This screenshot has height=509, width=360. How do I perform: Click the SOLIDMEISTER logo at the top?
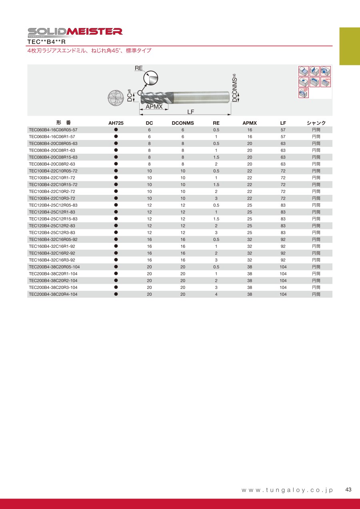[75, 31]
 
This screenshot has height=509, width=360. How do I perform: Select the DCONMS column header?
[182, 123]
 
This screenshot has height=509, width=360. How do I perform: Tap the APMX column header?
[250, 123]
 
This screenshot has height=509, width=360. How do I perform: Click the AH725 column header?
[116, 123]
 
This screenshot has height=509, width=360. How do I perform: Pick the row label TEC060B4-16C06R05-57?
[53, 130]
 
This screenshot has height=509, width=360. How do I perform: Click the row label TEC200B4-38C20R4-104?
[53, 294]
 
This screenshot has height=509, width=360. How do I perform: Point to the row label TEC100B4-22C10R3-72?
[52, 198]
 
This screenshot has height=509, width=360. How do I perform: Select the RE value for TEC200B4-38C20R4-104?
[216, 294]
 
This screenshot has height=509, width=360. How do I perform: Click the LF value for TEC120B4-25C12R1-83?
[283, 212]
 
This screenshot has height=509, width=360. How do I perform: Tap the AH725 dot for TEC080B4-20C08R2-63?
[116, 164]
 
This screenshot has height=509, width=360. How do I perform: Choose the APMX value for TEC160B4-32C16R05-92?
[250, 239]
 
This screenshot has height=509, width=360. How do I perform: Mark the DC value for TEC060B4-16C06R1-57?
[149, 137]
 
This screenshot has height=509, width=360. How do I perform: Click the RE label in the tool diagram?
[138, 68]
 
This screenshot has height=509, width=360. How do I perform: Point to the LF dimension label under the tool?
[190, 112]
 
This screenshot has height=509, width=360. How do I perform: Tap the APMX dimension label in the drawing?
[154, 107]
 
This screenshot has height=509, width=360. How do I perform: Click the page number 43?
[348, 490]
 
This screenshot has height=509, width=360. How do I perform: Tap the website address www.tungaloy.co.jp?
[287, 490]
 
